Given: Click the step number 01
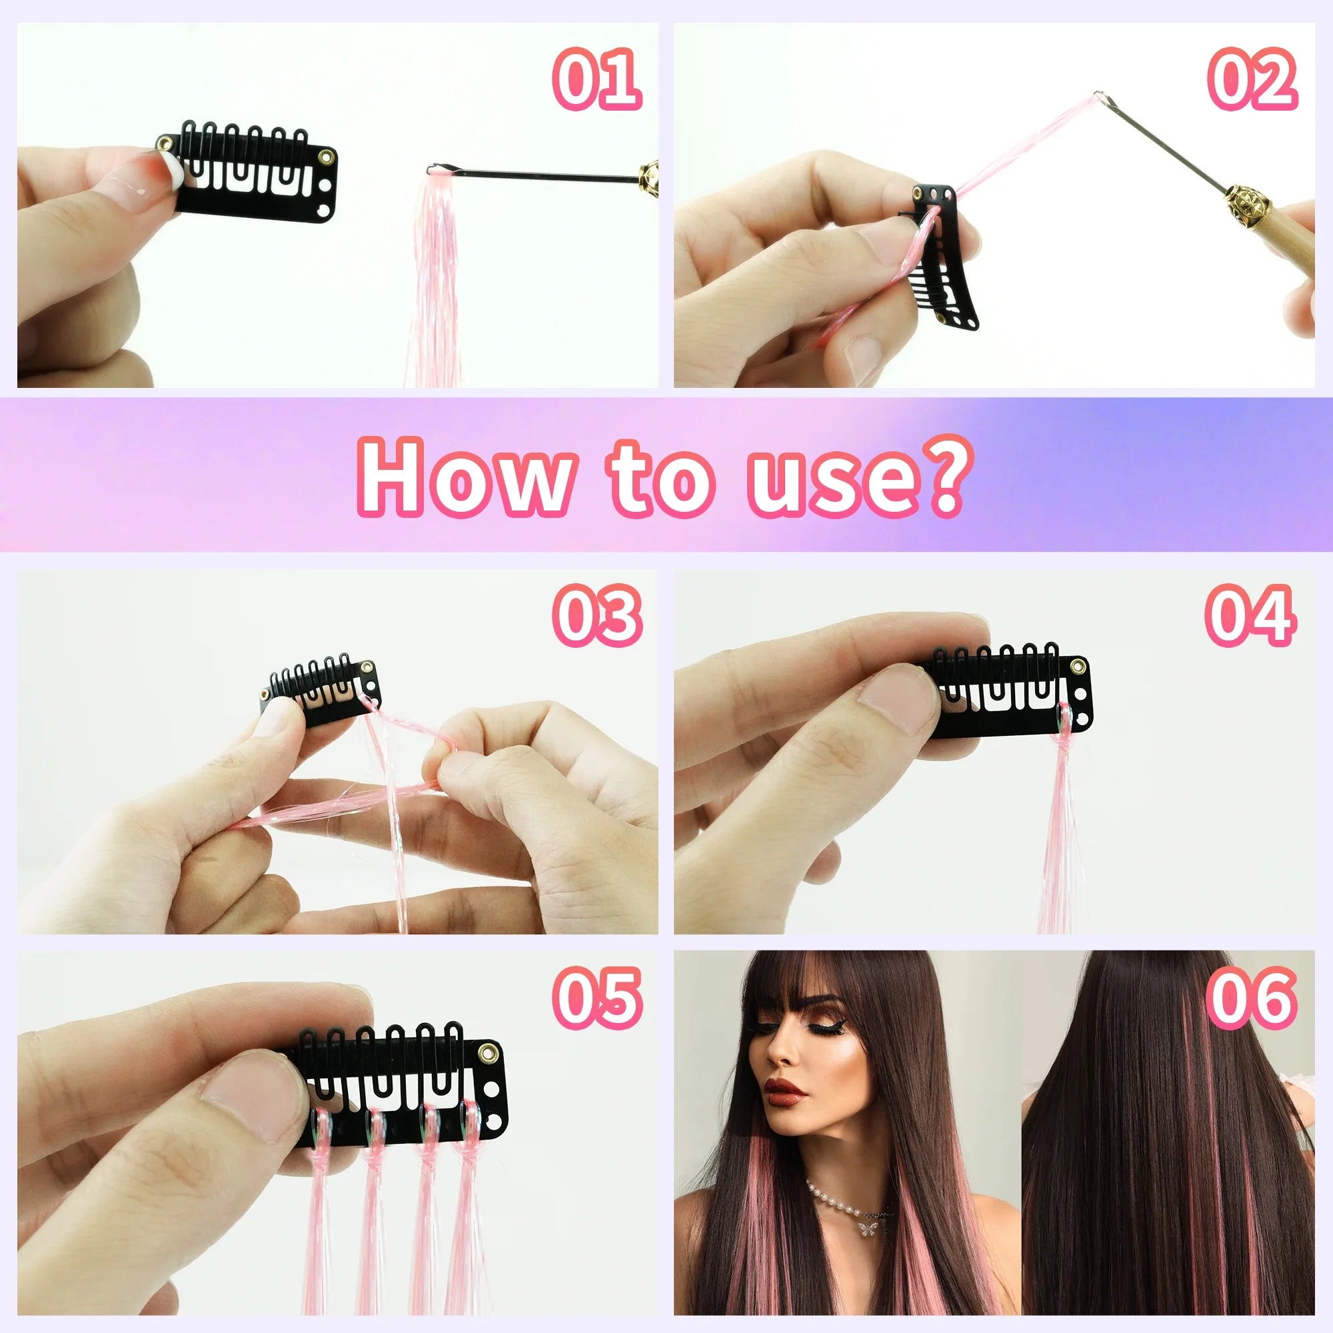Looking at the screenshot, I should tap(596, 79).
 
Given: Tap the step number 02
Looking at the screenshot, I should tap(1252, 79).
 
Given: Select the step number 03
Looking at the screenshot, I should tap(596, 615).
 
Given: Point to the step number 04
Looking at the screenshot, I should tap(1250, 615).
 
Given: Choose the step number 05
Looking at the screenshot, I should tap(596, 998).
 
